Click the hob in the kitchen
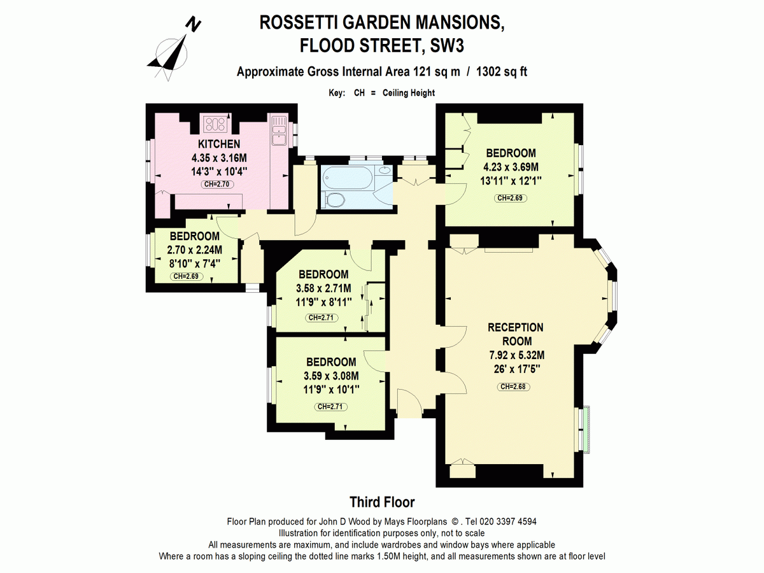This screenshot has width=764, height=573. pyautogui.click(x=215, y=124)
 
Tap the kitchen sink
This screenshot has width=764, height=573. pyautogui.click(x=279, y=135)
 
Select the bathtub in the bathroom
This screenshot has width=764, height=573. pyautogui.click(x=347, y=178)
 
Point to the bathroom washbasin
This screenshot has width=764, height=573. pyautogui.click(x=385, y=170)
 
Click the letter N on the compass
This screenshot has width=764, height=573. pyautogui.click(x=193, y=25)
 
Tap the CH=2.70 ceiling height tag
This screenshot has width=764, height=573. pyautogui.click(x=217, y=185)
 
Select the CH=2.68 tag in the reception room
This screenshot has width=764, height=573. pyautogui.click(x=513, y=386)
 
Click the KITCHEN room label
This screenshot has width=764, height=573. pyautogui.click(x=219, y=144)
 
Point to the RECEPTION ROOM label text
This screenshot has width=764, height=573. pyautogui.click(x=516, y=334)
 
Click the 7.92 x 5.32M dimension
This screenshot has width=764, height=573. pyautogui.click(x=517, y=355)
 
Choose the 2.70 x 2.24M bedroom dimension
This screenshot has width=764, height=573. pyautogui.click(x=195, y=250)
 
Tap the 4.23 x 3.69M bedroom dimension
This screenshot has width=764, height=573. pyautogui.click(x=511, y=167)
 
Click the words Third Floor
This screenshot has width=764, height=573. pyautogui.click(x=382, y=502)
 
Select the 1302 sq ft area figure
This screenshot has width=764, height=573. pyautogui.click(x=502, y=72)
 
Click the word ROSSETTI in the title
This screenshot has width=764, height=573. pyautogui.click(x=299, y=23)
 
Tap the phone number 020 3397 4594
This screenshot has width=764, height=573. pyautogui.click(x=508, y=521)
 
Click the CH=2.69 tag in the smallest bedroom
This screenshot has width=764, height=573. pyautogui.click(x=186, y=276)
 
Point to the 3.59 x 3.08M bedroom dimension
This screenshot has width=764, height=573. pyautogui.click(x=331, y=376)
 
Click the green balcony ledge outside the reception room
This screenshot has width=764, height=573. pyautogui.click(x=586, y=430)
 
